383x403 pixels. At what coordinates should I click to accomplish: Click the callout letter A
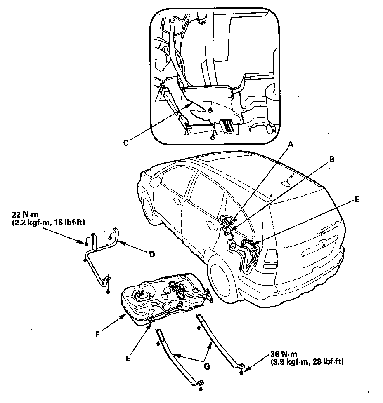click(291, 145)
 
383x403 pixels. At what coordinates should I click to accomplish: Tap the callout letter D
click(151, 254)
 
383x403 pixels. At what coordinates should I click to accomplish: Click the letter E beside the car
click(357, 199)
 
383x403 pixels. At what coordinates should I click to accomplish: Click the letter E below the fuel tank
click(128, 358)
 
